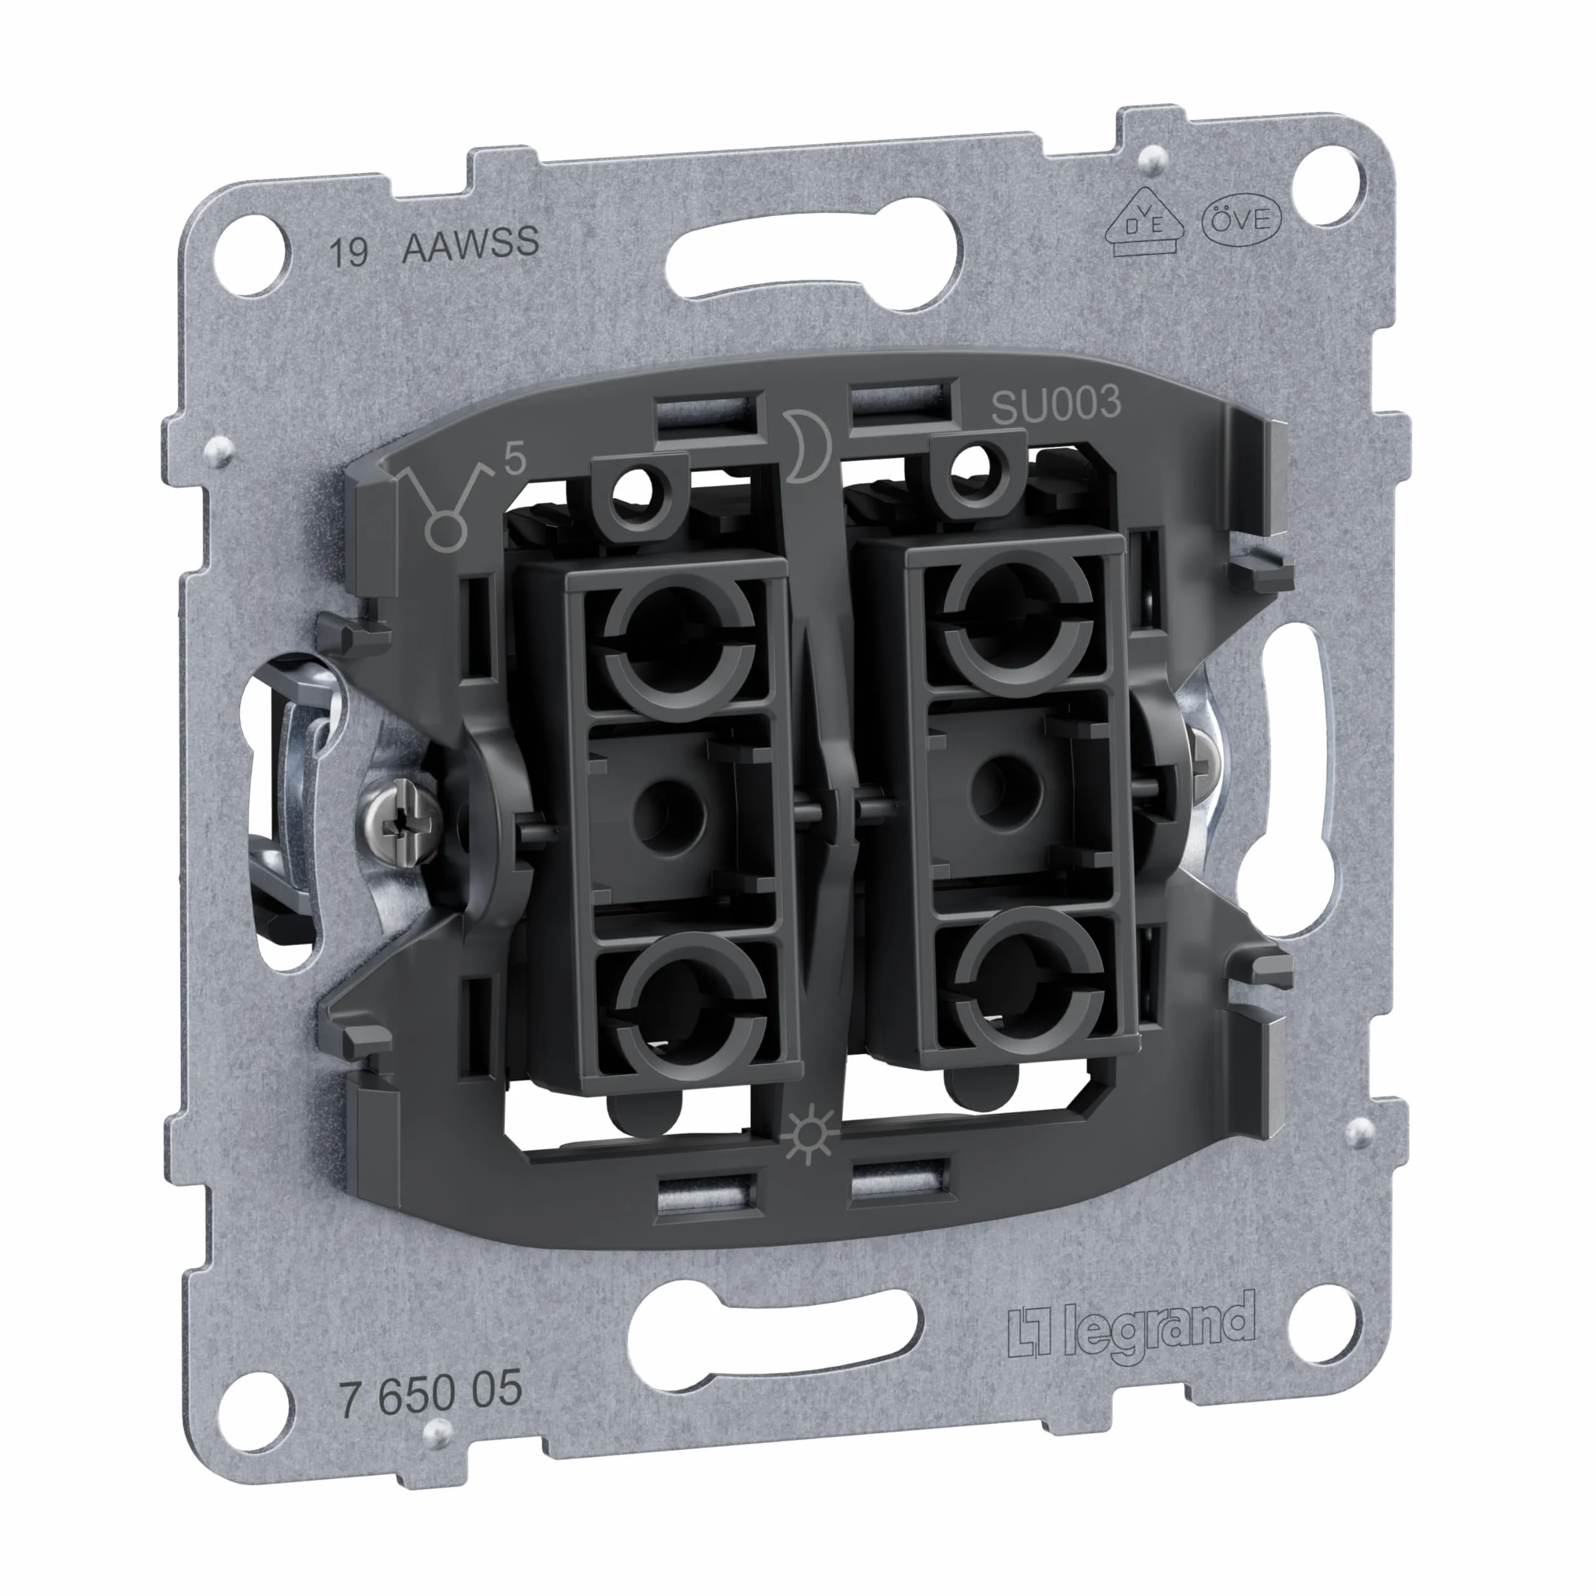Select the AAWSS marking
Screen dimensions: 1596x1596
(x=470, y=243)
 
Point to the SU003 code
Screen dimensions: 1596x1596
(x=1056, y=405)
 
